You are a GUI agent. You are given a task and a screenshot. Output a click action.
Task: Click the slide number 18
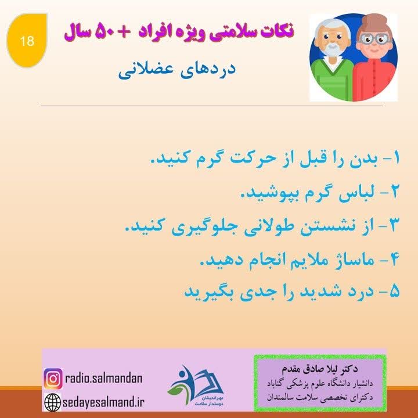pyautogui.click(x=27, y=41)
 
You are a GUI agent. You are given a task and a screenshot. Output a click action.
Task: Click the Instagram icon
pyautogui.click(x=53, y=379)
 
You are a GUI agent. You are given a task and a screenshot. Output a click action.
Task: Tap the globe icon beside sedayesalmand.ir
pyautogui.click(x=53, y=401)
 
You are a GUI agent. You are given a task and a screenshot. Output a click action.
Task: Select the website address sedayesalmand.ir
pyautogui.click(x=105, y=401)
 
